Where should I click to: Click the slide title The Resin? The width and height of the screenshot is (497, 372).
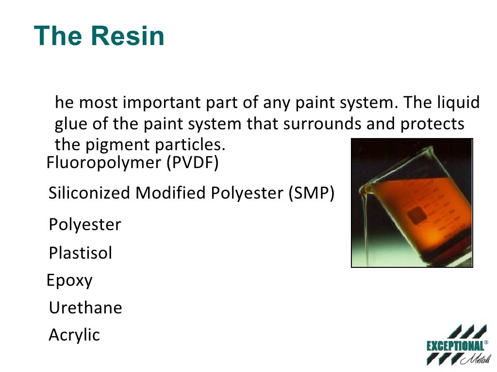(x=99, y=36)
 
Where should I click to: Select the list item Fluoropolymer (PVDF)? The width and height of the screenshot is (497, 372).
(x=133, y=163)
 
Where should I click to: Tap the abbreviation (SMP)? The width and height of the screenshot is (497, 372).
(x=311, y=193)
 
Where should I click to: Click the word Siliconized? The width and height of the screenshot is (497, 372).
(x=90, y=193)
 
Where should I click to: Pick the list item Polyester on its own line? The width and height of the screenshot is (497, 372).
(x=85, y=225)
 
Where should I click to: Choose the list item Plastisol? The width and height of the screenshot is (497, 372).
(x=81, y=253)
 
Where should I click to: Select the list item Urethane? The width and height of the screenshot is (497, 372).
(x=85, y=308)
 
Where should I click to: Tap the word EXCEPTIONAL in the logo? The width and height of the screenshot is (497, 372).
(x=455, y=346)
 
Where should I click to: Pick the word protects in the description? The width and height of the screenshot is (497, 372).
(x=432, y=124)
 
